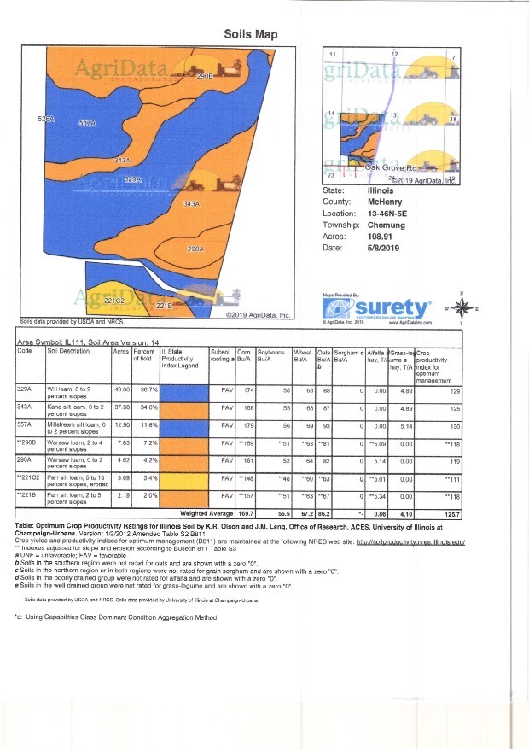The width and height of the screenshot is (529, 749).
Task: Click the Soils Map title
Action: (x=250, y=34)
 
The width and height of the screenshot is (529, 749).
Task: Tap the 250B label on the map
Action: (x=204, y=77)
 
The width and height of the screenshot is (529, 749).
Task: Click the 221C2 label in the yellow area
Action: (x=115, y=301)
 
